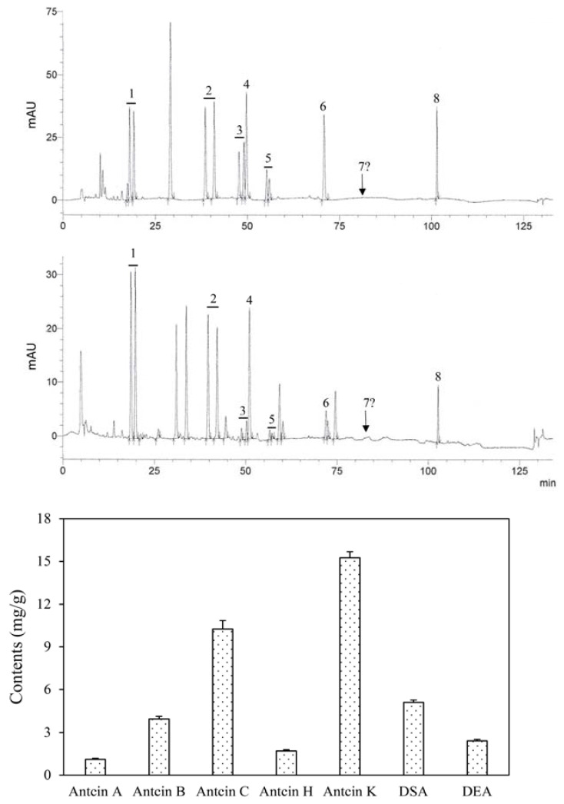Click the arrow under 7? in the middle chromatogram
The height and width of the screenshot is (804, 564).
pos(366,424)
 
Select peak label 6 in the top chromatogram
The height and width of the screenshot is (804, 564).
pos(323,106)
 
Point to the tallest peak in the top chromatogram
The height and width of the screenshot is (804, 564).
pos(170,25)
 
